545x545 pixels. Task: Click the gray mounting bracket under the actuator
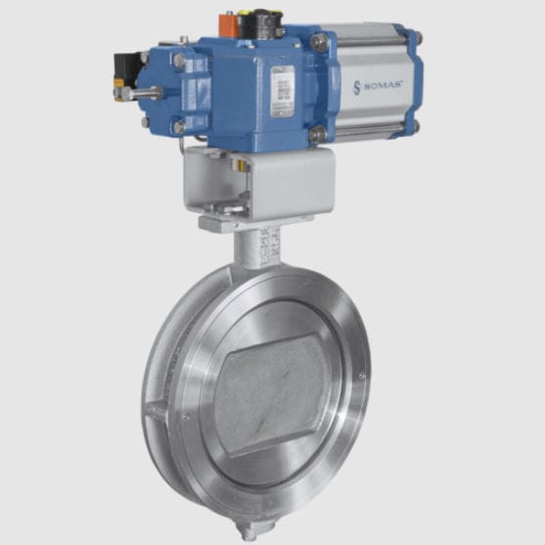click(x=259, y=181)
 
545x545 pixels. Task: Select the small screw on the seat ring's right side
click(x=362, y=374)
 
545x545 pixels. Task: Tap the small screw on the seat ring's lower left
click(x=186, y=416)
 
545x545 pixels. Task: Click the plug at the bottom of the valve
click(x=251, y=532)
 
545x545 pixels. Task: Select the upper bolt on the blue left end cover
click(x=179, y=61)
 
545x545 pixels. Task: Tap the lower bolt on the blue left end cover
click(x=179, y=126)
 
